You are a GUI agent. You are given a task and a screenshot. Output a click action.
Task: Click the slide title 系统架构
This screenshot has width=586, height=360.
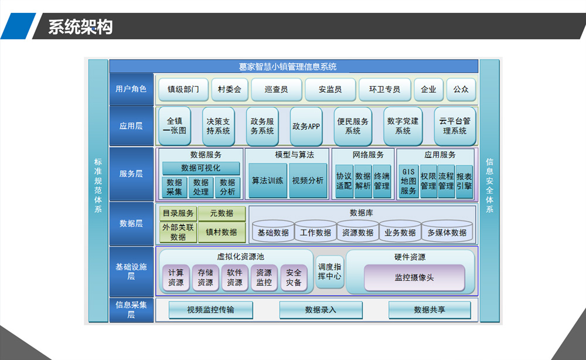coord(80,27)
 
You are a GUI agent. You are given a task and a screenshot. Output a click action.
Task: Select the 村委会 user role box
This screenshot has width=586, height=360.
coord(230,89)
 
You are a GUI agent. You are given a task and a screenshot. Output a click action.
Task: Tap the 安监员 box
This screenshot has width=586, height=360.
coord(330,89)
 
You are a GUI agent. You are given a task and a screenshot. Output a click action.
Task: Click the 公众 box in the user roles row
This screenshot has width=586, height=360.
coord(461,89)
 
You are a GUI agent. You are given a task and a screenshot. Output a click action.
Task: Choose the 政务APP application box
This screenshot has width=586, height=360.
coord(306,127)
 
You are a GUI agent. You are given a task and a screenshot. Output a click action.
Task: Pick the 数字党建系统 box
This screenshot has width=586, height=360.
coord(403,127)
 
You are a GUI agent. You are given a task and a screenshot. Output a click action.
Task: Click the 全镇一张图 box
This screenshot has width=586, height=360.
coord(175,127)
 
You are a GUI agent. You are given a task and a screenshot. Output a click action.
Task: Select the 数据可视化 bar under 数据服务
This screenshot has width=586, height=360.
coord(200,168)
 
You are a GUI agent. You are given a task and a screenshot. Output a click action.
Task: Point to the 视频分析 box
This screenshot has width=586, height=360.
coord(308,181)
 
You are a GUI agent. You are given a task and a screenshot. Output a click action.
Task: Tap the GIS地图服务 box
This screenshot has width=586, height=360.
coord(408,181)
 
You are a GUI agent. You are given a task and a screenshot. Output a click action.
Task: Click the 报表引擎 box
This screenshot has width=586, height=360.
coord(464,181)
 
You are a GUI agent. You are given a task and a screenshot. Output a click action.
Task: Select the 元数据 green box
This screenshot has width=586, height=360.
coord(222,213)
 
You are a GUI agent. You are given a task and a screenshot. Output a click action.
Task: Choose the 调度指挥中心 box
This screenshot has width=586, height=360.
coord(329,272)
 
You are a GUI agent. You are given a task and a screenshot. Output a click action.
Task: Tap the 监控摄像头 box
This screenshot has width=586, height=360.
coord(414,278)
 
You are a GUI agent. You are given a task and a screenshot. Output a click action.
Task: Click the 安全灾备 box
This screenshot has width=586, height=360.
coord(294,278)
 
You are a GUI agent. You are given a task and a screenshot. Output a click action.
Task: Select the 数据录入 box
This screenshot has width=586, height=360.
coord(321,310)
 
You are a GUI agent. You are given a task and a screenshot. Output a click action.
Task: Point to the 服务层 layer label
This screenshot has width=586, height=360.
coord(131,174)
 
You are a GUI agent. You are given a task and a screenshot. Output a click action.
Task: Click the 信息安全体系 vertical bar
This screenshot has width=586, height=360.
coord(489,191)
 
